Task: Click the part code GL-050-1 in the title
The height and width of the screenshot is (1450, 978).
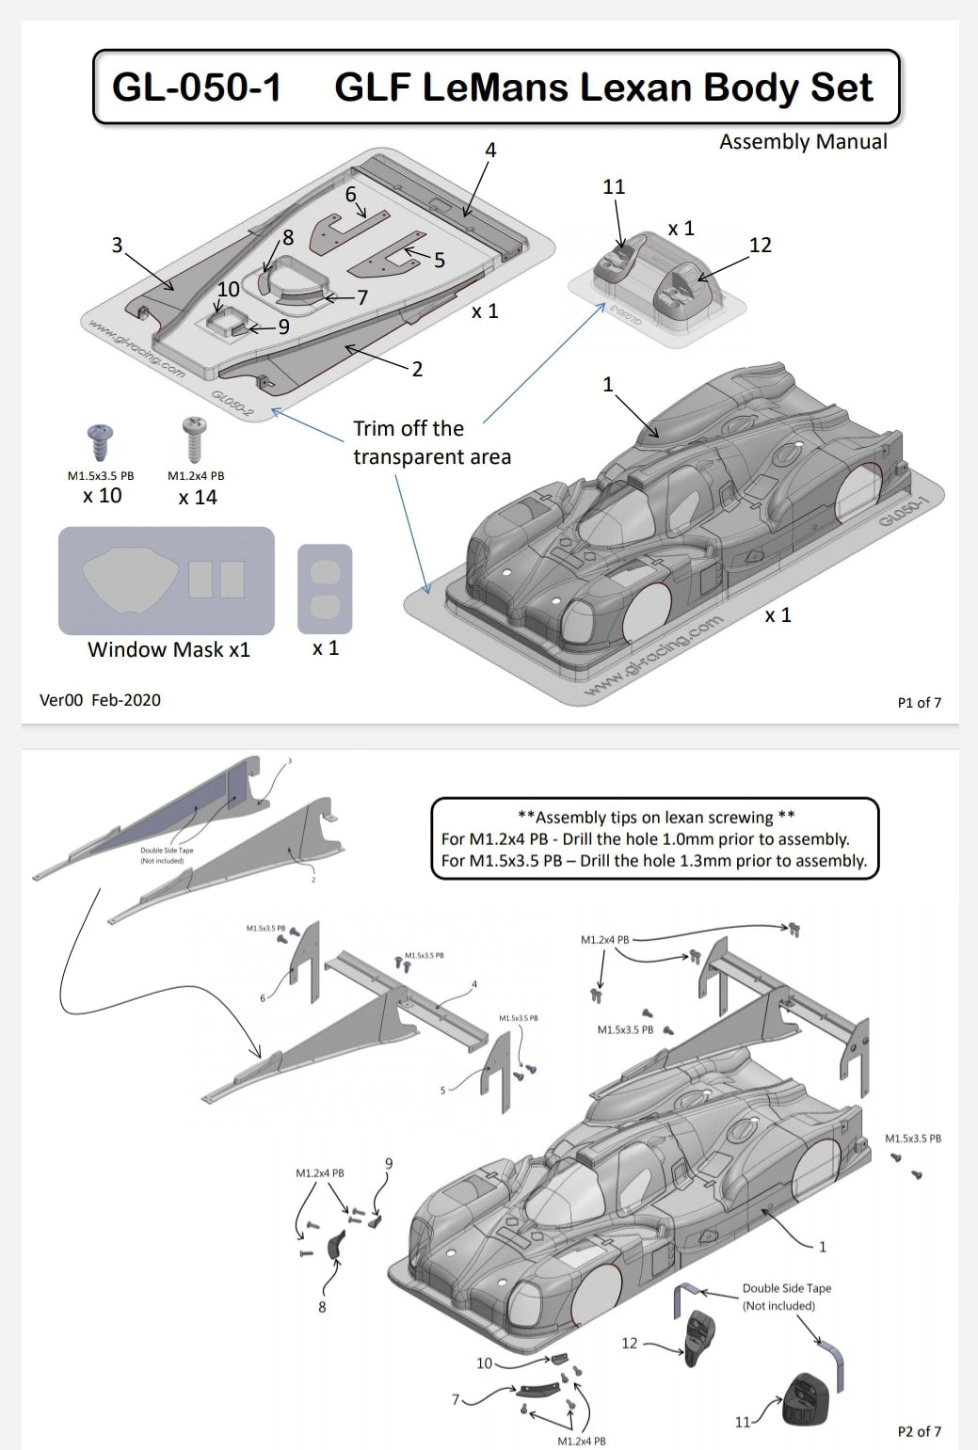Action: [197, 88]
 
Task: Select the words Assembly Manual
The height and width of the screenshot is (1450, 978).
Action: [802, 142]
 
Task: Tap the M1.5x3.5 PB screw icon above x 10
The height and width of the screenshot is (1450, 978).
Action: [101, 441]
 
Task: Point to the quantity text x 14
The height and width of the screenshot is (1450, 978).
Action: [198, 497]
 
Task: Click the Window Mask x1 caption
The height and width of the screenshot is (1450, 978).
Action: [168, 649]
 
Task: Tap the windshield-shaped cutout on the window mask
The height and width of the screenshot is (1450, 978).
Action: [130, 577]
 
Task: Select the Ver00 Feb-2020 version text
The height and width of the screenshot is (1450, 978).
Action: [100, 700]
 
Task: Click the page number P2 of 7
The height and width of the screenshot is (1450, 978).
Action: [919, 1431]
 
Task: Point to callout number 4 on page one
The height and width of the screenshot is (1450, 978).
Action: [490, 150]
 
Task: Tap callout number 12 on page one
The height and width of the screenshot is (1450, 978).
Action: [760, 246]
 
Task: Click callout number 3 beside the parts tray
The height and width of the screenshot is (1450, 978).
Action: [117, 246]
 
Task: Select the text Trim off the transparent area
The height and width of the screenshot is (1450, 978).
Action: [431, 442]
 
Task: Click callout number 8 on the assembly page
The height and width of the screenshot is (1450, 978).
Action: [322, 1306]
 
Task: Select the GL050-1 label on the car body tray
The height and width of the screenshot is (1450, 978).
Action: [905, 508]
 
